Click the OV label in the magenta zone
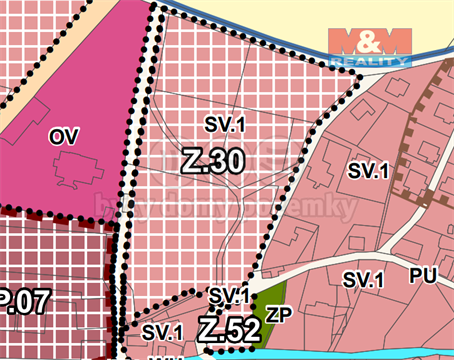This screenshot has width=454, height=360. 63,135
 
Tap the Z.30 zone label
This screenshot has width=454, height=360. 213,159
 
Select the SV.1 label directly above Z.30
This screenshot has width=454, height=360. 225,125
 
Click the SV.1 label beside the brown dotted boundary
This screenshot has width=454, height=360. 368,170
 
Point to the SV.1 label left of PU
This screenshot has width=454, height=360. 364,281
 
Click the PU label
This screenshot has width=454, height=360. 423,275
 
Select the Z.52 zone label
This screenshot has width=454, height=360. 229,329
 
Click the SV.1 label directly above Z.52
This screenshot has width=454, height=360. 228,297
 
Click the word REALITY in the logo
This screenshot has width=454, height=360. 369,61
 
